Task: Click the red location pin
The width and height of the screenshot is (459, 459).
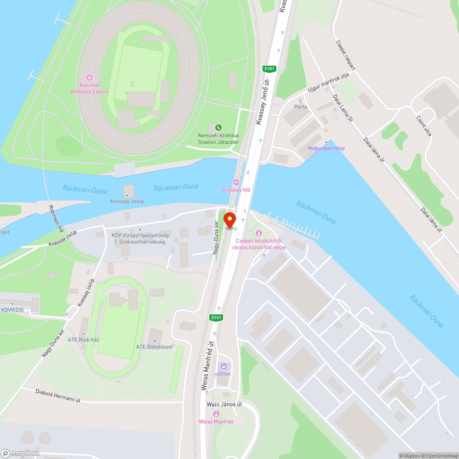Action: click(x=229, y=219)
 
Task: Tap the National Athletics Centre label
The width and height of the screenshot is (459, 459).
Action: click(x=90, y=88)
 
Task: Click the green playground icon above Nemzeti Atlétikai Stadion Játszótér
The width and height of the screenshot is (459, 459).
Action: click(x=219, y=127)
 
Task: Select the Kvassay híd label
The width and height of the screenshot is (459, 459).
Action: click(x=235, y=190)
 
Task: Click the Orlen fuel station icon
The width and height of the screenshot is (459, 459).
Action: click(x=224, y=366)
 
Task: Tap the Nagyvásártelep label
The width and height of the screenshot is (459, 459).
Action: click(x=326, y=148)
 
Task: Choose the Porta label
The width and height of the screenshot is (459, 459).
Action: click(x=300, y=107)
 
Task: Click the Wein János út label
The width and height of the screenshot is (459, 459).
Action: click(x=224, y=404)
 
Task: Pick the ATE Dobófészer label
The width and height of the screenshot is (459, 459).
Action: click(x=154, y=347)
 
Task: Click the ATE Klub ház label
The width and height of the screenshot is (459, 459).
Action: click(x=84, y=340)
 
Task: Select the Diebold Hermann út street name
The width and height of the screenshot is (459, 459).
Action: click(x=58, y=395)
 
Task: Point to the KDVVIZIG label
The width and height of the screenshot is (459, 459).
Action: click(x=12, y=310)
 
